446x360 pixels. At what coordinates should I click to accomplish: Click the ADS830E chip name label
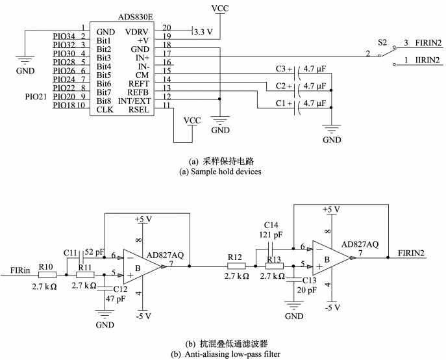pyautogui.click(x=136, y=17)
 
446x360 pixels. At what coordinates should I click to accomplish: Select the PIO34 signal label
pyautogui.click(x=64, y=36)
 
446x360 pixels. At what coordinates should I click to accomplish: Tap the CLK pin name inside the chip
pyautogui.click(x=105, y=110)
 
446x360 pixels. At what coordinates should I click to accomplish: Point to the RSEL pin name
pyautogui.click(x=139, y=110)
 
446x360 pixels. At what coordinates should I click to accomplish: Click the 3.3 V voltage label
pyautogui.click(x=203, y=32)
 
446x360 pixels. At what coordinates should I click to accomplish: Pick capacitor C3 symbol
pyautogui.click(x=297, y=73)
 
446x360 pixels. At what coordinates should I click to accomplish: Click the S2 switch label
pyautogui.click(x=382, y=43)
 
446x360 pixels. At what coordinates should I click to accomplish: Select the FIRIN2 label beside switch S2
pyautogui.click(x=428, y=43)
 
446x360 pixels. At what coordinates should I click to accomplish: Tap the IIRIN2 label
pyautogui.click(x=427, y=60)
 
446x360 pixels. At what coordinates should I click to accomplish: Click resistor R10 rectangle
pyautogui.click(x=47, y=275)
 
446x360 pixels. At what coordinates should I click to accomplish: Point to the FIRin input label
pyautogui.click(x=20, y=270)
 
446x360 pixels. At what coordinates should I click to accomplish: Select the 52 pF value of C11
pyautogui.click(x=94, y=251)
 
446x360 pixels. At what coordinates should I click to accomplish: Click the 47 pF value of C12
pyautogui.click(x=116, y=299)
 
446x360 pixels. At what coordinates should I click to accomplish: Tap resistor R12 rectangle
pyautogui.click(x=236, y=266)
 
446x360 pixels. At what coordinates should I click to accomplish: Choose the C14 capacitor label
pyautogui.click(x=271, y=225)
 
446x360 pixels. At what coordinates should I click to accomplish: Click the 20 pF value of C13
pyautogui.click(x=306, y=290)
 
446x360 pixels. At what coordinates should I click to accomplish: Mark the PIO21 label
pyautogui.click(x=36, y=97)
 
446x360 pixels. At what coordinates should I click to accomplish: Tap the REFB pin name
pyautogui.click(x=138, y=92)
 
